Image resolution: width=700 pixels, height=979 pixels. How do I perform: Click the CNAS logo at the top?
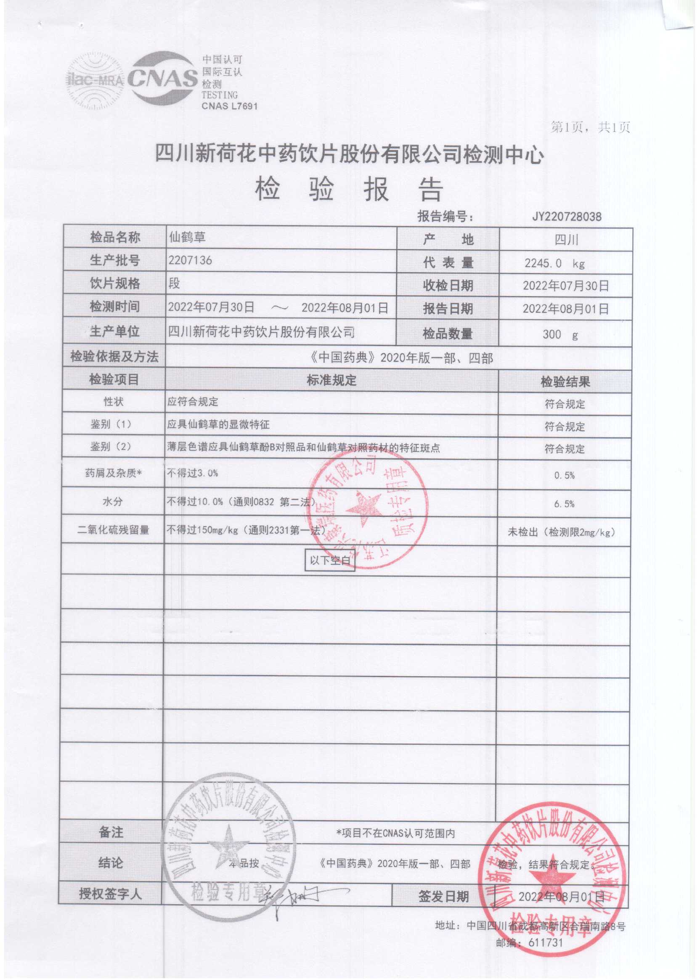[162, 78]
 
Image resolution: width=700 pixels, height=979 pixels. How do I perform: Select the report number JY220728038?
[566, 216]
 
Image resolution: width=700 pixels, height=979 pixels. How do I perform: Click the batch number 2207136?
[190, 260]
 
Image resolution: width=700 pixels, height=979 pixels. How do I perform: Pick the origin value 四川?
[566, 240]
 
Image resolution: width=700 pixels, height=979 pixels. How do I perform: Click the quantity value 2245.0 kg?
[554, 263]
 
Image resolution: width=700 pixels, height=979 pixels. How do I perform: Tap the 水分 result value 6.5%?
[564, 504]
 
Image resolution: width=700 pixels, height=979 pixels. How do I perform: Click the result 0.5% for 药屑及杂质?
[564, 475]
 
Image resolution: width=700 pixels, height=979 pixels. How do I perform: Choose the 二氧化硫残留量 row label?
[113, 530]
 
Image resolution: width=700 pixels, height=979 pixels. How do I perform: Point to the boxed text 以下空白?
[330, 560]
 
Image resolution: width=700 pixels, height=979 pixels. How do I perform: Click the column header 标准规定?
[331, 380]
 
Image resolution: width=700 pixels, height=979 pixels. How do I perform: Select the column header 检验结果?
[565, 382]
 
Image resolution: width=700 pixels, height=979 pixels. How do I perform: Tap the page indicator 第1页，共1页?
[590, 127]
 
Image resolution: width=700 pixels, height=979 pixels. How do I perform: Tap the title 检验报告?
[349, 190]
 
